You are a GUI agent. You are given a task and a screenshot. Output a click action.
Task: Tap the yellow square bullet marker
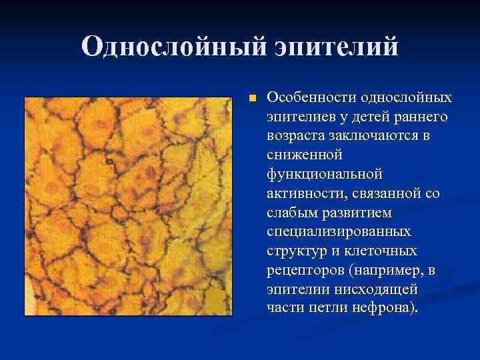pos(251,98)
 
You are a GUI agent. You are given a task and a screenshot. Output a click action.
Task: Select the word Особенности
pos(311,98)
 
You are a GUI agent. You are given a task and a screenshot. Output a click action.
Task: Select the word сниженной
pos(304,155)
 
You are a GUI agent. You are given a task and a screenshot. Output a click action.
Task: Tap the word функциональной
pos(324,175)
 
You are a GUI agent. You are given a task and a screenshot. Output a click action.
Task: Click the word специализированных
pos(339,233)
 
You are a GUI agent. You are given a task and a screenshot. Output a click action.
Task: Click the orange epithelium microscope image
pos(127,206)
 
